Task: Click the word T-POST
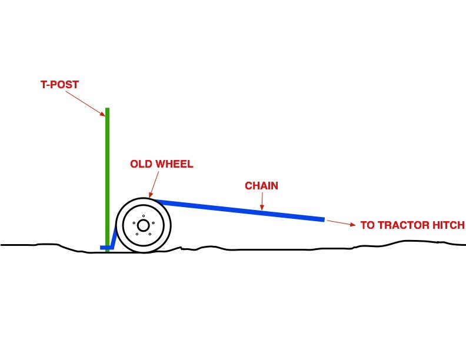point(59,85)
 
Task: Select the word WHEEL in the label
point(174,164)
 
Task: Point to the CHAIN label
point(261,186)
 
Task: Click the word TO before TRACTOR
point(367,225)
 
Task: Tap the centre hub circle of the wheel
point(143,225)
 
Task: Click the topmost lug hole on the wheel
point(144,216)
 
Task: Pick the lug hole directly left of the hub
point(135,223)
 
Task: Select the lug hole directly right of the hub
point(152,223)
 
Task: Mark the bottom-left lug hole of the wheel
point(138,234)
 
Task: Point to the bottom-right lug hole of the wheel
point(149,234)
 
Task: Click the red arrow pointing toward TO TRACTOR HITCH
point(341,223)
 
